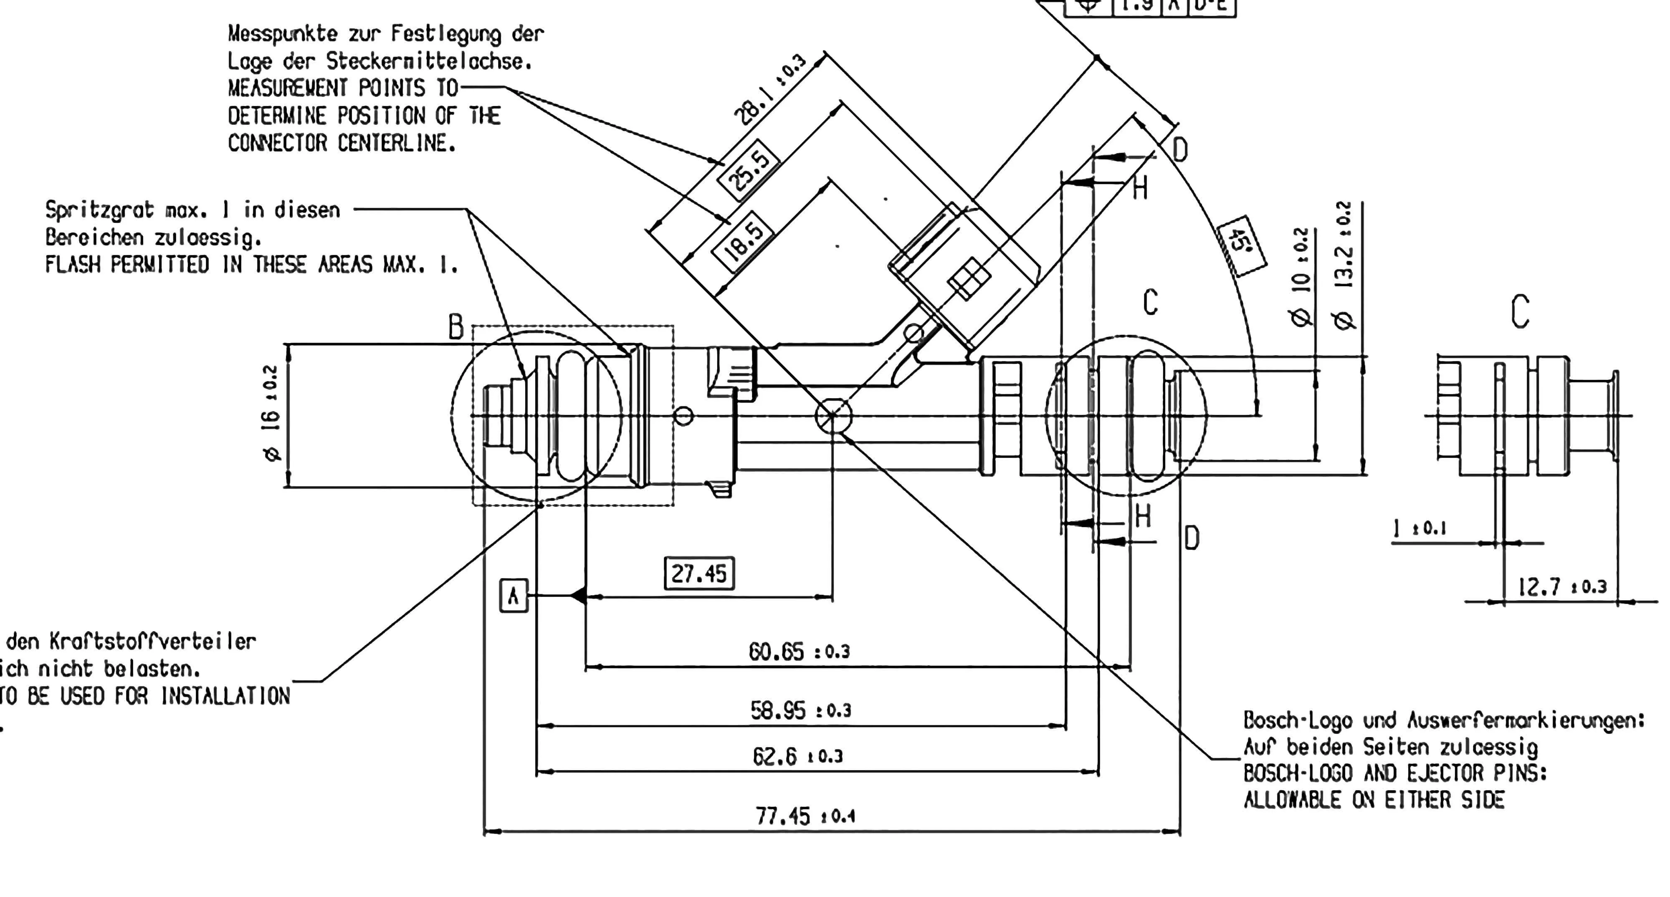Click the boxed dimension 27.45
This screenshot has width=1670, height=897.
(x=699, y=574)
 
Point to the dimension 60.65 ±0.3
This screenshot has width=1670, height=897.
(x=799, y=651)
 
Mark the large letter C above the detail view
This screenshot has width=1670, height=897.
(x=1520, y=312)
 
